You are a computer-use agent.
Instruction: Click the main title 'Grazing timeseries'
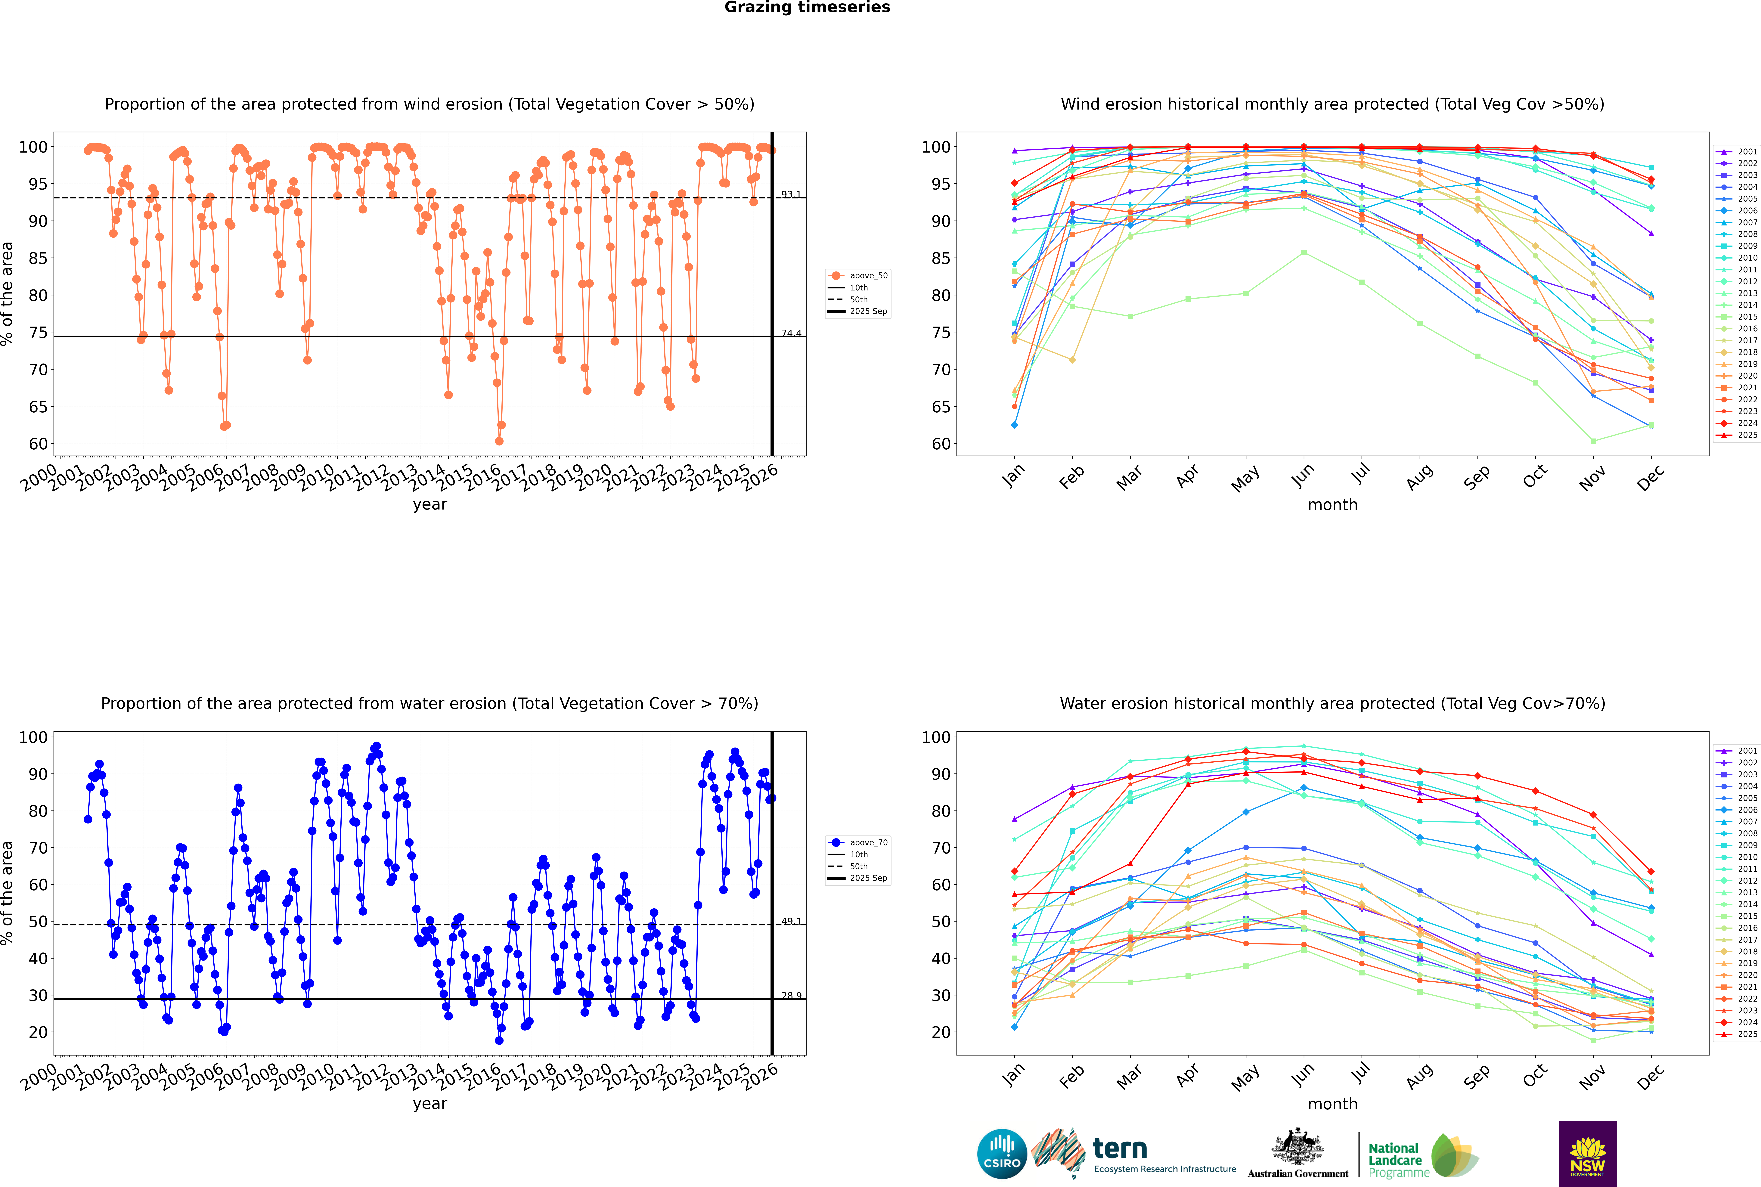[x=807, y=8]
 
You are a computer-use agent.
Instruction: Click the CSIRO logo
[x=1002, y=1154]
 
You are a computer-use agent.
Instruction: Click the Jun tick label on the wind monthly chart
[x=1303, y=475]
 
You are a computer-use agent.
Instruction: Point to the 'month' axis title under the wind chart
[x=1332, y=505]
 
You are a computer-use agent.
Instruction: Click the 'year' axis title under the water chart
[x=430, y=1104]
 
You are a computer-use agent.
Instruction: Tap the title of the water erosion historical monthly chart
[x=1332, y=703]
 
